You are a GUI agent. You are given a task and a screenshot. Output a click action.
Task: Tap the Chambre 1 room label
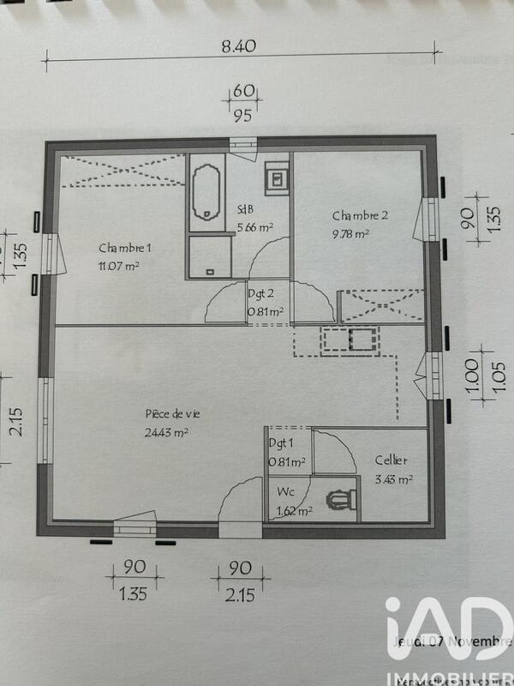[x=125, y=249]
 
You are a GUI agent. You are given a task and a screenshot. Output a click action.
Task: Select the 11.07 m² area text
[x=119, y=266]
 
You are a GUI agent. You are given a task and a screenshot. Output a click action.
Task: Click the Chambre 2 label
[x=361, y=215]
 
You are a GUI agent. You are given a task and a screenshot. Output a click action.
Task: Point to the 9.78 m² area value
[x=351, y=232]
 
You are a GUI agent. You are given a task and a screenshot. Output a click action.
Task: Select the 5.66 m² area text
[x=254, y=228]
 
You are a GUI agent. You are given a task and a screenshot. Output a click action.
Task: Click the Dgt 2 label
[x=261, y=292]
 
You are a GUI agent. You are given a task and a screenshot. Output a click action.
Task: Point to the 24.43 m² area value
[x=167, y=432]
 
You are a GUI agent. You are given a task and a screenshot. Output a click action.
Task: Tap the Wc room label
[x=285, y=494]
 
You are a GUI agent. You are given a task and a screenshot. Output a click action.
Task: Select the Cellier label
[x=391, y=460]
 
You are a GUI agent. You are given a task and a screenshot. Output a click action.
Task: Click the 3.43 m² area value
[x=394, y=480]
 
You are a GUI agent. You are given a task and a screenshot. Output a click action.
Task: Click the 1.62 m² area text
[x=295, y=512]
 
